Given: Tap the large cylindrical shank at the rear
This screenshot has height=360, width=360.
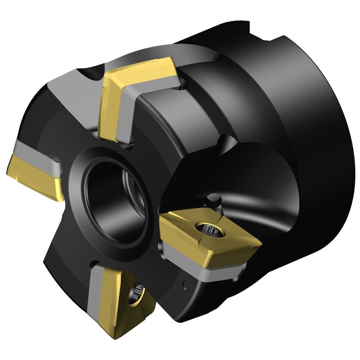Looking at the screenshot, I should pos(304,126).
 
